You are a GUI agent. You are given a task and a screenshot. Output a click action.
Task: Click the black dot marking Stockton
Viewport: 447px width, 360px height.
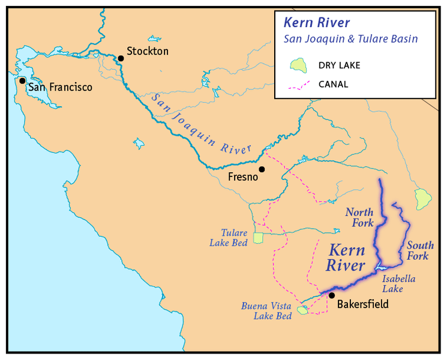[x=121, y=58]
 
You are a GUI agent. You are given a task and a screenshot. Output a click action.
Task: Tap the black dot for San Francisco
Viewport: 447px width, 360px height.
[x=22, y=80]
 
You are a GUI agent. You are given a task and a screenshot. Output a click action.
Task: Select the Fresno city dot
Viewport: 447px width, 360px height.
[x=262, y=169]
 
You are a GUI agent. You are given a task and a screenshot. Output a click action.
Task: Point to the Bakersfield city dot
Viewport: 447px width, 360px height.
[x=331, y=295]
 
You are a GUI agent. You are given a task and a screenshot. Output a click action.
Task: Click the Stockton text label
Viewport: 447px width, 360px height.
[x=148, y=52]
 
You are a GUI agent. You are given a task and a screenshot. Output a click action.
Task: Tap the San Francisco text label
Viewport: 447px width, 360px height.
[x=61, y=88]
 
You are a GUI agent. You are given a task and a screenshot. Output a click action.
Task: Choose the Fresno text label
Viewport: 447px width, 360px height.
[x=243, y=178]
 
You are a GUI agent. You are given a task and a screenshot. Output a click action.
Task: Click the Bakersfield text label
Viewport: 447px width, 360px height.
[x=363, y=304]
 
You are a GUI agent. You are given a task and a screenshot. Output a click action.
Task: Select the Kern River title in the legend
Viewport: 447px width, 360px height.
[x=316, y=23]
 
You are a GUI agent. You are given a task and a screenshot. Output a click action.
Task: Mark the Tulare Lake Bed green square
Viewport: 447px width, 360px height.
[x=258, y=238]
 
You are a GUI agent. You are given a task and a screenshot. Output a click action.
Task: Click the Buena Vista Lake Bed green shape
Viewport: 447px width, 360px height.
[x=303, y=310]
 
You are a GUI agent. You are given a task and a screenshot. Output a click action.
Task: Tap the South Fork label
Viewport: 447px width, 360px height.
[x=418, y=251]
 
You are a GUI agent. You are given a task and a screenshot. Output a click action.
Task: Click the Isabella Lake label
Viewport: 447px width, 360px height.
[x=399, y=284]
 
